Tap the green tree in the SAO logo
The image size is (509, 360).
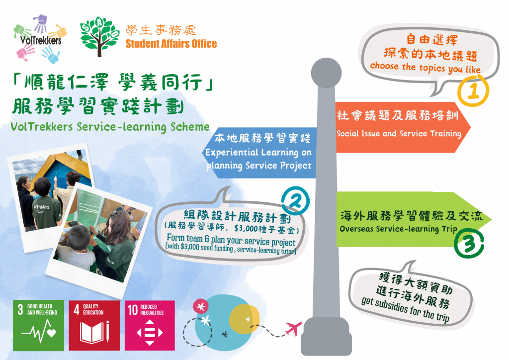(x=99, y=36)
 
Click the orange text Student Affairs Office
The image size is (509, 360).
(x=171, y=44)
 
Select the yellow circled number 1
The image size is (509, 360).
(x=473, y=90)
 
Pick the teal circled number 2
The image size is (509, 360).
(x=295, y=201)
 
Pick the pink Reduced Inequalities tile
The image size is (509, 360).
(x=150, y=325)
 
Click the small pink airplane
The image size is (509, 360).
(x=293, y=329)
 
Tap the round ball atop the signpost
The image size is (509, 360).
(x=326, y=73)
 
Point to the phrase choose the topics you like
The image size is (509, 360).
(x=425, y=68)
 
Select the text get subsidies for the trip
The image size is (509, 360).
(x=406, y=309)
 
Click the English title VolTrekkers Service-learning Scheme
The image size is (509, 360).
(x=110, y=127)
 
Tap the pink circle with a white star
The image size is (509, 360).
(x=201, y=306)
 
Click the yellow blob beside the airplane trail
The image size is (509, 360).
(x=244, y=319)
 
